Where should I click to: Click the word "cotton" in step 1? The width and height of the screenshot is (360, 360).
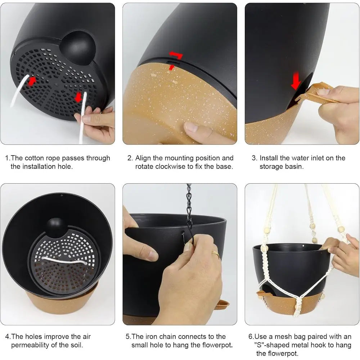pos(35,158)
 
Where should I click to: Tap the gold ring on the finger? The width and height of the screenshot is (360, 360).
pos(216,254)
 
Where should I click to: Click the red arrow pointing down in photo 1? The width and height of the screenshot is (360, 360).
pos(78,97)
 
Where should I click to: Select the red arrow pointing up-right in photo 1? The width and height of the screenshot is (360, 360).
pos(32,81)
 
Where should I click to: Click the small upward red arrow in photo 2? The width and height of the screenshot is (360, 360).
pos(171,67)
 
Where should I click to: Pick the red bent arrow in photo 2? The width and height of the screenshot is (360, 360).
pos(176,55)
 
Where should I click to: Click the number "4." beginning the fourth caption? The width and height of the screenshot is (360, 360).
pos(8,337)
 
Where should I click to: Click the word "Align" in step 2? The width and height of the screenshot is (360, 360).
pos(143,158)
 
